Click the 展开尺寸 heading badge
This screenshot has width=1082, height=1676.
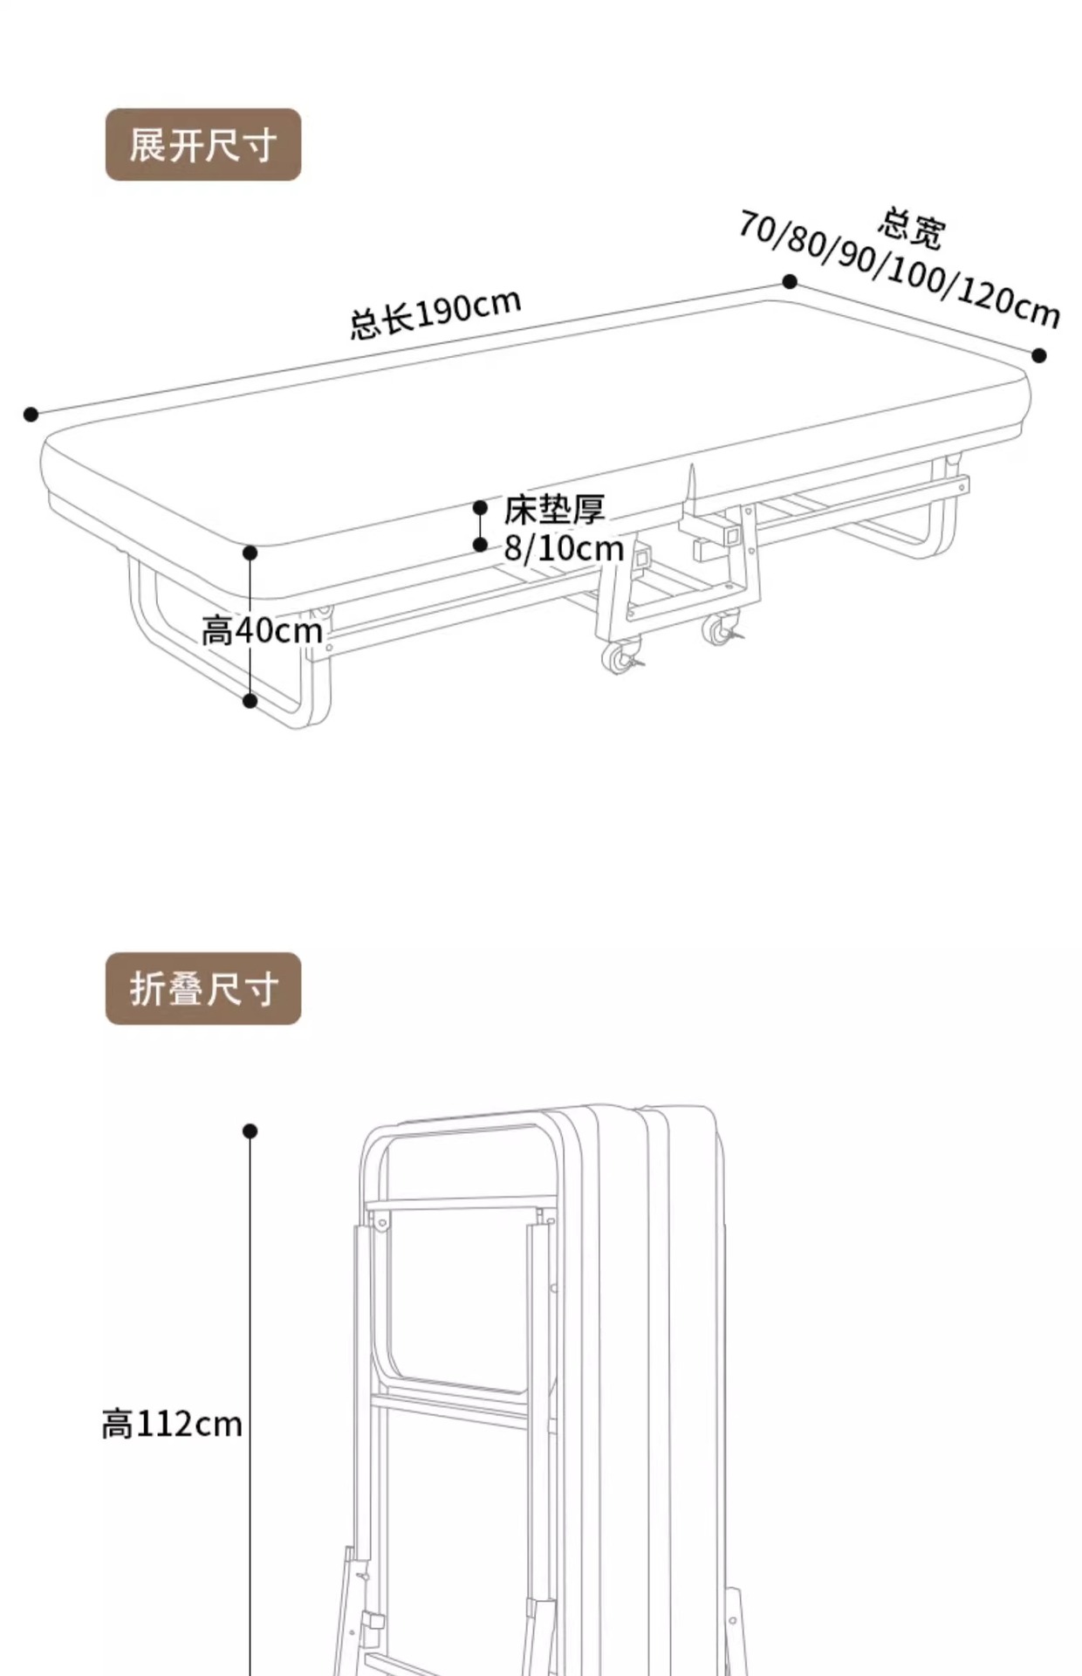(202, 145)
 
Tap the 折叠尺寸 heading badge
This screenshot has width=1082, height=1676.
(202, 988)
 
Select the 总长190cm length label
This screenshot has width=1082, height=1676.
(435, 313)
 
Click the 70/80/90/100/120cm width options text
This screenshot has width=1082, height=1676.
(899, 269)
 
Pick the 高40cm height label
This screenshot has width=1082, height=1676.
(262, 630)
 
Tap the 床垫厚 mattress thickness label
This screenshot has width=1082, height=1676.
(554, 510)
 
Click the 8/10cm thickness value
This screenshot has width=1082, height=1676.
(564, 548)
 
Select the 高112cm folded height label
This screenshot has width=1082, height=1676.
(172, 1424)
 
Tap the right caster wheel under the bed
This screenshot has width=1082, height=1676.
(721, 628)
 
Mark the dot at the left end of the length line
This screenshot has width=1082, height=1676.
(31, 414)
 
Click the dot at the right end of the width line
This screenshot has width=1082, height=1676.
(1038, 355)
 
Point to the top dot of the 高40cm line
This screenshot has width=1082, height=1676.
(250, 553)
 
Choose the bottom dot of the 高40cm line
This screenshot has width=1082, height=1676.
(250, 700)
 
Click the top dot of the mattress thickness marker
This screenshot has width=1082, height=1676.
(480, 507)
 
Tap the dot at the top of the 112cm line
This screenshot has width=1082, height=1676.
(250, 1131)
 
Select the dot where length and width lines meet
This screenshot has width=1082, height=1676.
(790, 281)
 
